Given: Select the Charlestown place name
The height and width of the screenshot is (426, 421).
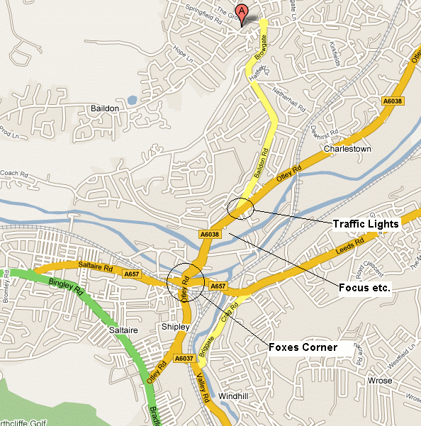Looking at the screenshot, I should tap(347, 150).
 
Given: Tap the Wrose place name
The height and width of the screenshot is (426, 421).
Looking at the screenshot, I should tap(380, 381).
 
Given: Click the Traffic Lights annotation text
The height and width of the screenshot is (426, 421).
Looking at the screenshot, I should tap(366, 224).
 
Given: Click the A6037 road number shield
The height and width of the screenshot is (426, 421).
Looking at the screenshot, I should tap(183, 359).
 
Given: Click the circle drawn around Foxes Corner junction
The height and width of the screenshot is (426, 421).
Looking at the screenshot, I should tap(185, 281).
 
